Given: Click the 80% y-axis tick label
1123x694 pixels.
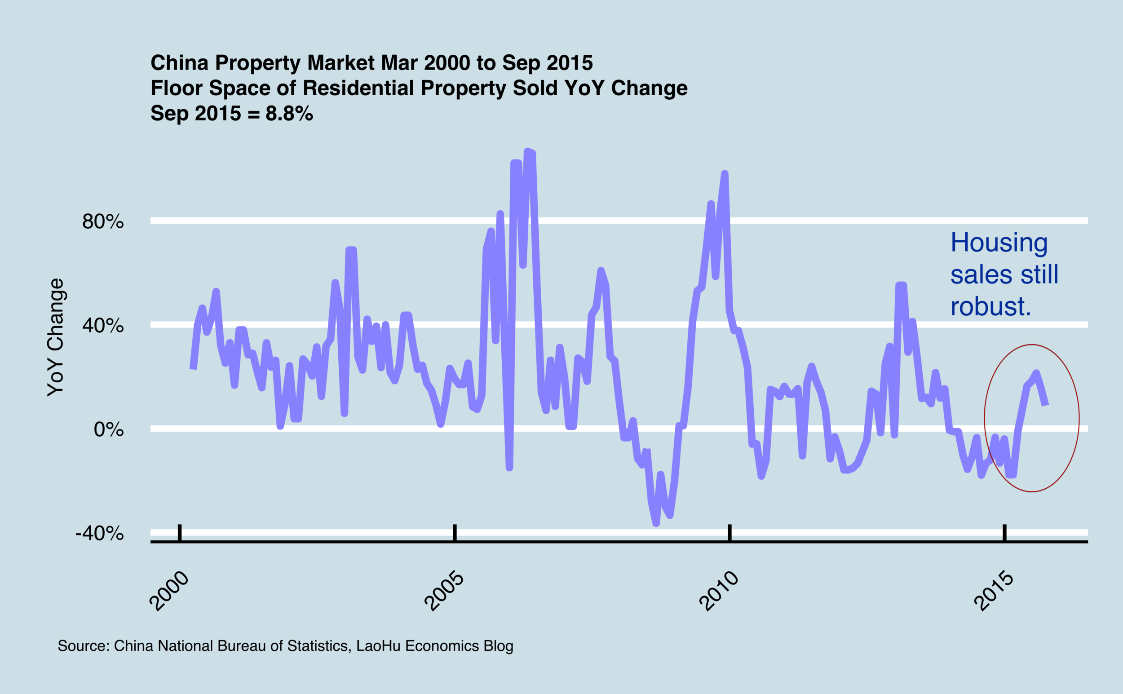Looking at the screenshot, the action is point(103,222).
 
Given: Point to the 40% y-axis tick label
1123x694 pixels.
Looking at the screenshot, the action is point(103,325).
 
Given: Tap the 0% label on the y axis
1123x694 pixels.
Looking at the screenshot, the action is point(109,429).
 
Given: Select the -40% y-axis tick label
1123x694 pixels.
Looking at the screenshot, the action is point(100,534).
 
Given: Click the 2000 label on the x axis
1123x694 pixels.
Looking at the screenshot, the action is point(169,591).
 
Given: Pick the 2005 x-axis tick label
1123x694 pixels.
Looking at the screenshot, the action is point(444,591).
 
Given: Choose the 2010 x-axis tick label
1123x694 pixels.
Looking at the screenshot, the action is point(719,591).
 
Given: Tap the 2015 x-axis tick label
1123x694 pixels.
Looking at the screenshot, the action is point(994,591).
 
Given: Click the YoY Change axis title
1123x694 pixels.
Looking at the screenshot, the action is point(56,337).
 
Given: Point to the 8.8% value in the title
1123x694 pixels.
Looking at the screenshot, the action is point(289,113).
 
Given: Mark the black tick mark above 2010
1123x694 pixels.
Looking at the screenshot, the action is point(730,533).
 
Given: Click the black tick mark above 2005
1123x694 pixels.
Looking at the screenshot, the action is point(455,533).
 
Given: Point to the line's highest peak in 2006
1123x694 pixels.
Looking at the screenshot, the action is point(528,150).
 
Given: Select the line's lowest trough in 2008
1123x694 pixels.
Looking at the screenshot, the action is point(656,524).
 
